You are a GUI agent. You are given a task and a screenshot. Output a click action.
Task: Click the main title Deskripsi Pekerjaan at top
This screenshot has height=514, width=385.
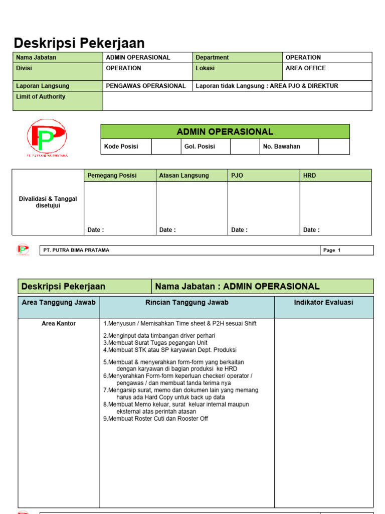pyautogui.click(x=79, y=43)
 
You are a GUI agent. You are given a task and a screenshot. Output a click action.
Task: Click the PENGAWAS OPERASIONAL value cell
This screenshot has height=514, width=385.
pyautogui.click(x=146, y=86)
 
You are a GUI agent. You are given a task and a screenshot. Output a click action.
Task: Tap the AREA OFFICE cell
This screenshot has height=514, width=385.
pyautogui.click(x=305, y=68)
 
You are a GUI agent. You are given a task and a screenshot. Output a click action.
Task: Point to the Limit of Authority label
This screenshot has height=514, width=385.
pyautogui.click(x=41, y=97)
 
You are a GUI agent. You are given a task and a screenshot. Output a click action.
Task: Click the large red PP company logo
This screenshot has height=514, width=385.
pyautogui.click(x=47, y=137)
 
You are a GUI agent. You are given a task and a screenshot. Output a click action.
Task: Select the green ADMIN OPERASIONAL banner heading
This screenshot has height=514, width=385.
pyautogui.click(x=225, y=132)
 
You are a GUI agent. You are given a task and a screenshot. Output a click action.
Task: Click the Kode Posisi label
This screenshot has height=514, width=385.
pyautogui.click(x=121, y=147)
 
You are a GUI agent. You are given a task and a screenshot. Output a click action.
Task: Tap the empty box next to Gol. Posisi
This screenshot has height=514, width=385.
pyautogui.click(x=244, y=147)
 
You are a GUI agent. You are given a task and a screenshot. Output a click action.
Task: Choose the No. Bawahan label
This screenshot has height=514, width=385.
pyautogui.click(x=282, y=147)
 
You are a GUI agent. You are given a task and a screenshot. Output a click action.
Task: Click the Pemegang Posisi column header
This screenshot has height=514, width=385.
pyautogui.click(x=112, y=176)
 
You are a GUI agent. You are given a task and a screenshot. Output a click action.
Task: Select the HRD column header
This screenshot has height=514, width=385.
pyautogui.click(x=310, y=176)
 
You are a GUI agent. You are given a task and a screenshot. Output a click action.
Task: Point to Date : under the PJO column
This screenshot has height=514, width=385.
pyautogui.click(x=239, y=230)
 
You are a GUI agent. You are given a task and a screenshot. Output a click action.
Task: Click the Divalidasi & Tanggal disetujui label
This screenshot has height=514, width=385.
pyautogui.click(x=48, y=202)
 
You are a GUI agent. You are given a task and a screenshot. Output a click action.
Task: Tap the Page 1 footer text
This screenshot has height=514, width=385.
pyautogui.click(x=332, y=250)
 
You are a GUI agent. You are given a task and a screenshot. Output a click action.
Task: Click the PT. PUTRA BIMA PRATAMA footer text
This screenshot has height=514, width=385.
pyautogui.click(x=76, y=250)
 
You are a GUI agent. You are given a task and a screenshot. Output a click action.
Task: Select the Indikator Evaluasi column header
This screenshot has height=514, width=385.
pyautogui.click(x=323, y=302)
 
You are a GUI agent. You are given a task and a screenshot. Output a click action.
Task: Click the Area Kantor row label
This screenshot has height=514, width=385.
pyautogui.click(x=59, y=324)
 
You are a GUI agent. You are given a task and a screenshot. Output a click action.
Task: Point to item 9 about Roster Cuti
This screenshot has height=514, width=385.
pyautogui.click(x=155, y=419)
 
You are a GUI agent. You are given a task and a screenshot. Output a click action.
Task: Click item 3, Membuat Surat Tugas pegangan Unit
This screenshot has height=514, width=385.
pyautogui.click(x=155, y=343)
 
